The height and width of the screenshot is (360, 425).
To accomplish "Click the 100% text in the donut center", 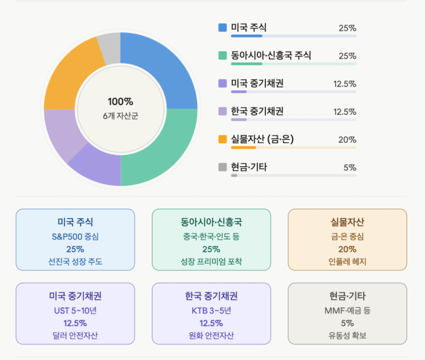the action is (x=120, y=102).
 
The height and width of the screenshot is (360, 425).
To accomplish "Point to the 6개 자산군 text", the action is (x=120, y=116).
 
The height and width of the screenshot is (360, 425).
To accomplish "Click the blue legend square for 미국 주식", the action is (x=223, y=28).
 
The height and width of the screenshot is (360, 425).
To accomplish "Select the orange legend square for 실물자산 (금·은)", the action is (x=223, y=139).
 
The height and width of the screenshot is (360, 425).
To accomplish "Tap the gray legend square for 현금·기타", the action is (x=223, y=167).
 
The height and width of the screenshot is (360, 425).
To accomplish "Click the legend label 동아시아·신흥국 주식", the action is (x=271, y=55).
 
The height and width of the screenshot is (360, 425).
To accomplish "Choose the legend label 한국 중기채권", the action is (x=257, y=111).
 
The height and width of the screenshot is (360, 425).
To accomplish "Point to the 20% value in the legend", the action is (x=347, y=140).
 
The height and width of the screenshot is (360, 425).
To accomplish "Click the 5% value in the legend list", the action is (x=350, y=168).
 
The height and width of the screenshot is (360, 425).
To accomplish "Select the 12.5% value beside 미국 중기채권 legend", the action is (x=345, y=84).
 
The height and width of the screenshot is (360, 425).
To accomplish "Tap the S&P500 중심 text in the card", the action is (x=75, y=237).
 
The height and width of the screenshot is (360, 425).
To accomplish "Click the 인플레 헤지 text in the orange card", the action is (x=347, y=261).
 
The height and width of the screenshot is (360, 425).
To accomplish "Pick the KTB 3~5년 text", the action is (x=211, y=310).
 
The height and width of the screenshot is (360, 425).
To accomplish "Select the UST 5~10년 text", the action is (x=75, y=310).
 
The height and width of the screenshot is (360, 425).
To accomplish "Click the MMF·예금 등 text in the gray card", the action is (x=347, y=310).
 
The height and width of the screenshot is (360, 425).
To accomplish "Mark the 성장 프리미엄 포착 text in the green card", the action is (x=211, y=261).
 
